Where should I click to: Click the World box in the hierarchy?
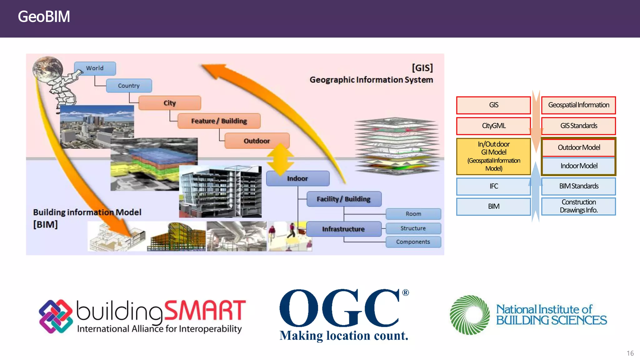pos(95,68)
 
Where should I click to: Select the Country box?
pos(129,86)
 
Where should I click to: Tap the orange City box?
pos(170,103)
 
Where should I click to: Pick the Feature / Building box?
pos(219,121)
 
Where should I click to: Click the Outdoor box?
pos(257,141)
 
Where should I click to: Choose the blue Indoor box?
pos(297,178)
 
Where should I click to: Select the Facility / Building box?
pos(344,199)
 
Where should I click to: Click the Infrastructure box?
pos(343,229)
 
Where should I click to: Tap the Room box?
pos(413,214)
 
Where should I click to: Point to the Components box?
pos(413,242)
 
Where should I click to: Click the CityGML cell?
pos(493,126)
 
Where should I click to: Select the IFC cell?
pos(493,186)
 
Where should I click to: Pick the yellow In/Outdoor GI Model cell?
pos(493,156)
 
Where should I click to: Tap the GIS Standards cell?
pos(578,126)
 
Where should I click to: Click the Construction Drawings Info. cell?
pos(578,206)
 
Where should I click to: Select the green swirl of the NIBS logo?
pos(469,315)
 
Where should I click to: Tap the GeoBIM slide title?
pos(44,17)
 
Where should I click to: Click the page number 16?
pos(630,353)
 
